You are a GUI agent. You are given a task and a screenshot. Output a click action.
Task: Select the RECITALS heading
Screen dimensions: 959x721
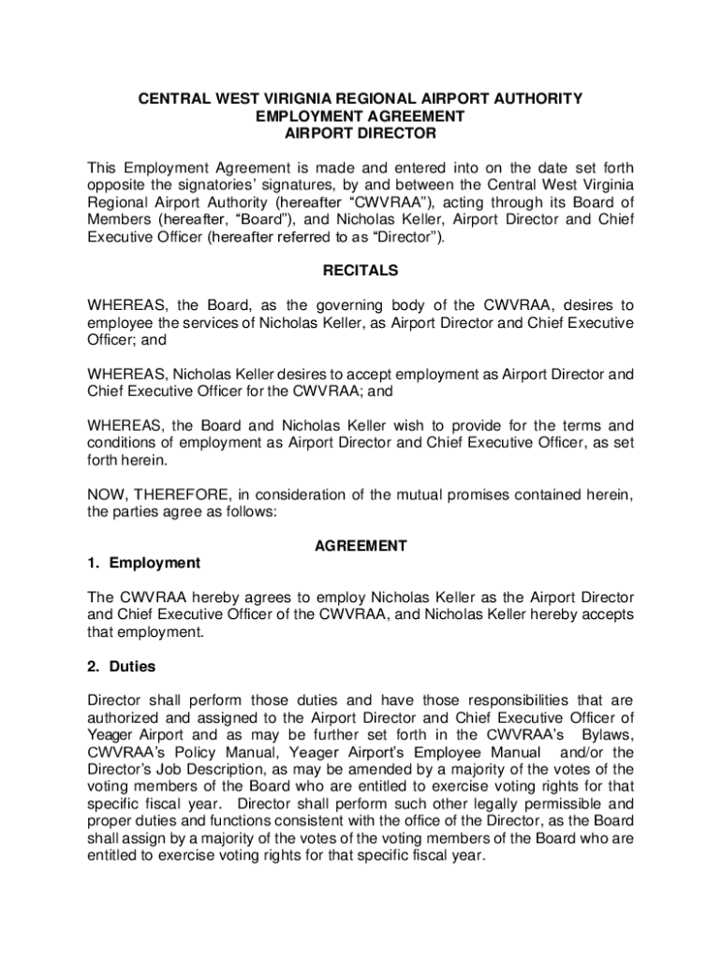click(x=360, y=271)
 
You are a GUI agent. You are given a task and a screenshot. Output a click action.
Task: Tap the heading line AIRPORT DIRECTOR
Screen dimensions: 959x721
click(x=360, y=134)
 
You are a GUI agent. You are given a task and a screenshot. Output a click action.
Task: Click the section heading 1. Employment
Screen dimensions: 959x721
click(x=143, y=563)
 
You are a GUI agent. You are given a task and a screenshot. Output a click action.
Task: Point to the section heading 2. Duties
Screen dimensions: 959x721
click(x=121, y=667)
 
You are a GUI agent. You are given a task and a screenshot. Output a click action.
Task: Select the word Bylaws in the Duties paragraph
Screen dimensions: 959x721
click(x=608, y=735)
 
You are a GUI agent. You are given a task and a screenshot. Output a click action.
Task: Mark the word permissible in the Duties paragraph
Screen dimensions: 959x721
click(x=559, y=804)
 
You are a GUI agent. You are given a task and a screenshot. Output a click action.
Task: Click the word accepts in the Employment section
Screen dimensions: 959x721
click(x=609, y=614)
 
